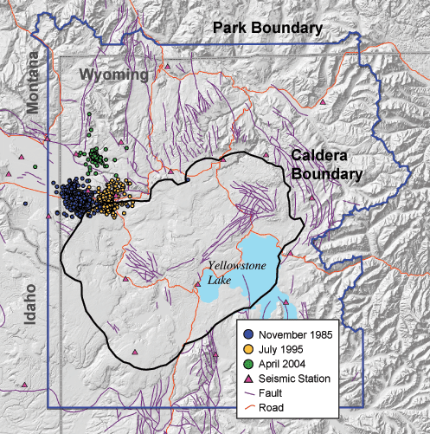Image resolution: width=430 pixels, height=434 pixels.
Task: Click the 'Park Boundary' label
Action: [268, 29]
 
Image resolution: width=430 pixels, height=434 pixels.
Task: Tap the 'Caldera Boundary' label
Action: [324, 164]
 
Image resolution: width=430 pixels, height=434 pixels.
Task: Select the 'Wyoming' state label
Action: [114, 75]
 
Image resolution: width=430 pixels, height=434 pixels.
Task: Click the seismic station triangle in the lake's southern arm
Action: [283, 303]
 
